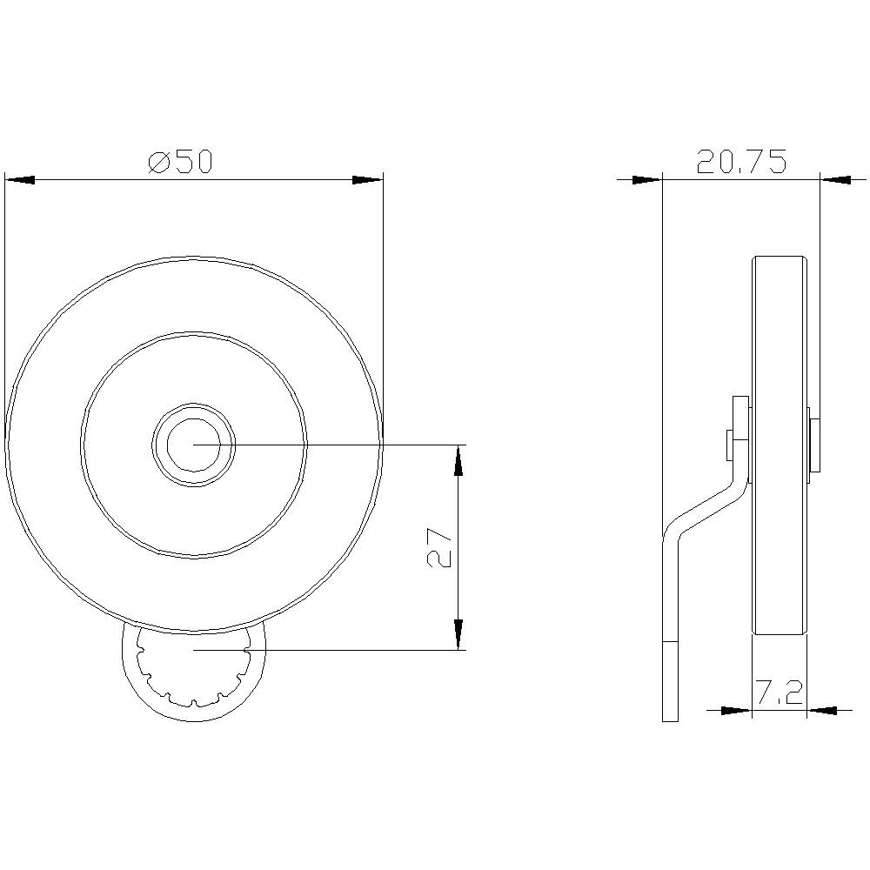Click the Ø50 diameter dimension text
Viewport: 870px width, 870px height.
pyautogui.click(x=180, y=162)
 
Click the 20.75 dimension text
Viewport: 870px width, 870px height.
pyautogui.click(x=741, y=162)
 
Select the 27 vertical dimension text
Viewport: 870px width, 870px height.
pyautogui.click(x=440, y=547)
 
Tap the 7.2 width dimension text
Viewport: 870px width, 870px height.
pyautogui.click(x=779, y=693)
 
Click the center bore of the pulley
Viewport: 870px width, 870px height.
pyautogui.click(x=193, y=444)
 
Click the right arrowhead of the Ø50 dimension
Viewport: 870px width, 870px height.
pyautogui.click(x=368, y=180)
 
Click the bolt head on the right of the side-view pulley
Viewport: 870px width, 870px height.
pyautogui.click(x=813, y=445)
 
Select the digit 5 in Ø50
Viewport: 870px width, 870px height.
pyautogui.click(x=181, y=162)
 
